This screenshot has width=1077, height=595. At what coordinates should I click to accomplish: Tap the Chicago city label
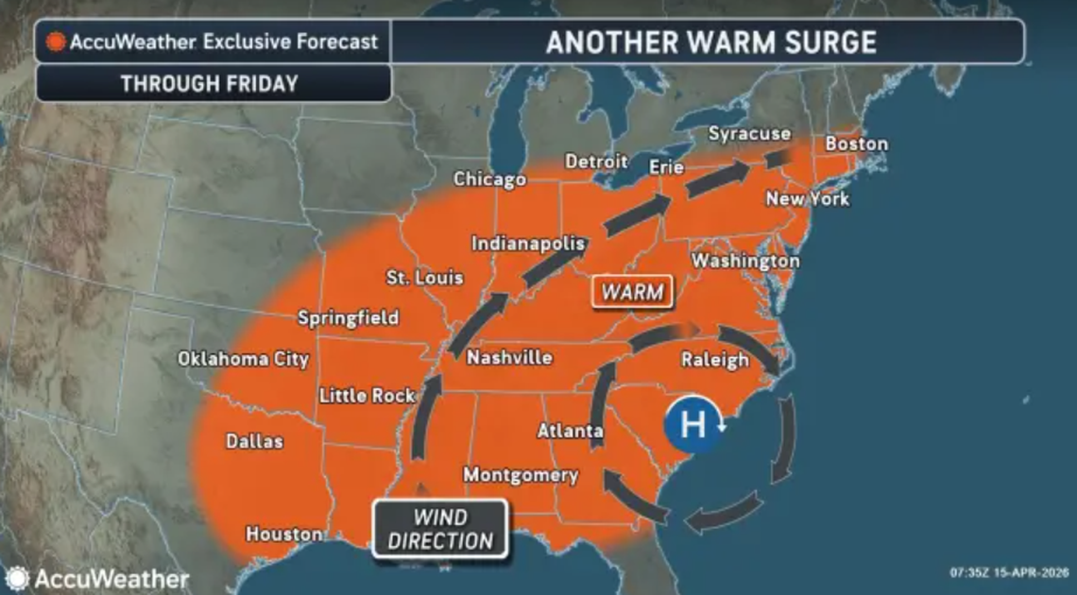pyautogui.click(x=489, y=179)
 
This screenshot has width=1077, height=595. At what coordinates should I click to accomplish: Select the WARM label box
pyautogui.click(x=632, y=292)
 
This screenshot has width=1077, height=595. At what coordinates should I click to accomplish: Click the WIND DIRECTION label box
pyautogui.click(x=440, y=530)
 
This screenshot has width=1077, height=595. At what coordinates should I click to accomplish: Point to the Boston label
pyautogui.click(x=856, y=144)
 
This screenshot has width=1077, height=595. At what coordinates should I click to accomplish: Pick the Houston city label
pyautogui.click(x=283, y=535)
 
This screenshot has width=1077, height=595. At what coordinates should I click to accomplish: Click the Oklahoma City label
pyautogui.click(x=243, y=360)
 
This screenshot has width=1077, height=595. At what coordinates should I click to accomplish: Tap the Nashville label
pyautogui.click(x=509, y=358)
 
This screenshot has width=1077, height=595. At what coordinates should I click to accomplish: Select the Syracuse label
pyautogui.click(x=749, y=134)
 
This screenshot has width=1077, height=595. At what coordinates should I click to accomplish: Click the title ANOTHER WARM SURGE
pyautogui.click(x=710, y=42)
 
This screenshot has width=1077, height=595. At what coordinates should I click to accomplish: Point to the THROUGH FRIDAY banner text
pyautogui.click(x=210, y=83)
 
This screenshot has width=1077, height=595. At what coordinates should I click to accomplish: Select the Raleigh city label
pyautogui.click(x=714, y=360)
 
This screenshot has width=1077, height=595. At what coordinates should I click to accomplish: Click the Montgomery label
pyautogui.click(x=521, y=475)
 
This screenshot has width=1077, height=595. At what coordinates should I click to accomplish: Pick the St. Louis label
pyautogui.click(x=425, y=279)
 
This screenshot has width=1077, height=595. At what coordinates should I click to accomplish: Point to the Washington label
pyautogui.click(x=745, y=261)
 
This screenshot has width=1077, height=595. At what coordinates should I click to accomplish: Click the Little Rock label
pyautogui.click(x=367, y=396)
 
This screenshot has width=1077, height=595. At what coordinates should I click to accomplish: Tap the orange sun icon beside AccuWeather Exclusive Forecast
pyautogui.click(x=56, y=42)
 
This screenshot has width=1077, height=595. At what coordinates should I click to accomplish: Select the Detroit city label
pyautogui.click(x=596, y=161)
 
